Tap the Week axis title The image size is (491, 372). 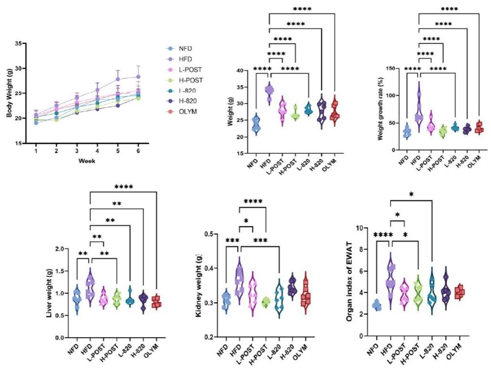[x=87, y=161]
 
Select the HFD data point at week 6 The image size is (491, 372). [x=138, y=76]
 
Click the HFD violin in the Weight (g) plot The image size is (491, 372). [x=270, y=91]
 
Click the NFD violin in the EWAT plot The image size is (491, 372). [x=377, y=305]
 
